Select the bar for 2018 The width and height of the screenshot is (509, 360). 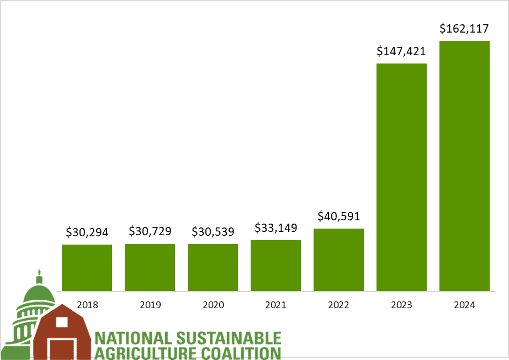(x=87, y=268)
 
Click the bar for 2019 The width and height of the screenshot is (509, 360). (x=150, y=267)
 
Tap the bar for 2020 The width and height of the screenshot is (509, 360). (x=213, y=267)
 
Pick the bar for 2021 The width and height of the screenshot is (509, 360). (x=275, y=266)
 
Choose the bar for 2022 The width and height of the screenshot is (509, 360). (x=338, y=260)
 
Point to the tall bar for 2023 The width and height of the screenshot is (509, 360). (x=401, y=177)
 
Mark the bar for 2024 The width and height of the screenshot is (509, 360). (x=464, y=166)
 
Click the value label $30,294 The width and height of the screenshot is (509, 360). (x=87, y=232)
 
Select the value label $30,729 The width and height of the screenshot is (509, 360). (x=150, y=232)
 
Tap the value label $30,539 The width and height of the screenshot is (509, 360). (x=213, y=232)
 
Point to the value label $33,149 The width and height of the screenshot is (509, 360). (x=275, y=228)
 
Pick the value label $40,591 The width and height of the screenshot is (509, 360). (x=338, y=216)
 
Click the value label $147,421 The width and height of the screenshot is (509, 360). (x=401, y=51)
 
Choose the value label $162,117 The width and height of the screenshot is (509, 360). (x=464, y=29)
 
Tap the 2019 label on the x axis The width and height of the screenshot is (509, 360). (x=150, y=304)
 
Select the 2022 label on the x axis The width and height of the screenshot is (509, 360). (x=338, y=304)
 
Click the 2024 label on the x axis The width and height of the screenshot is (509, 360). (x=464, y=304)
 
